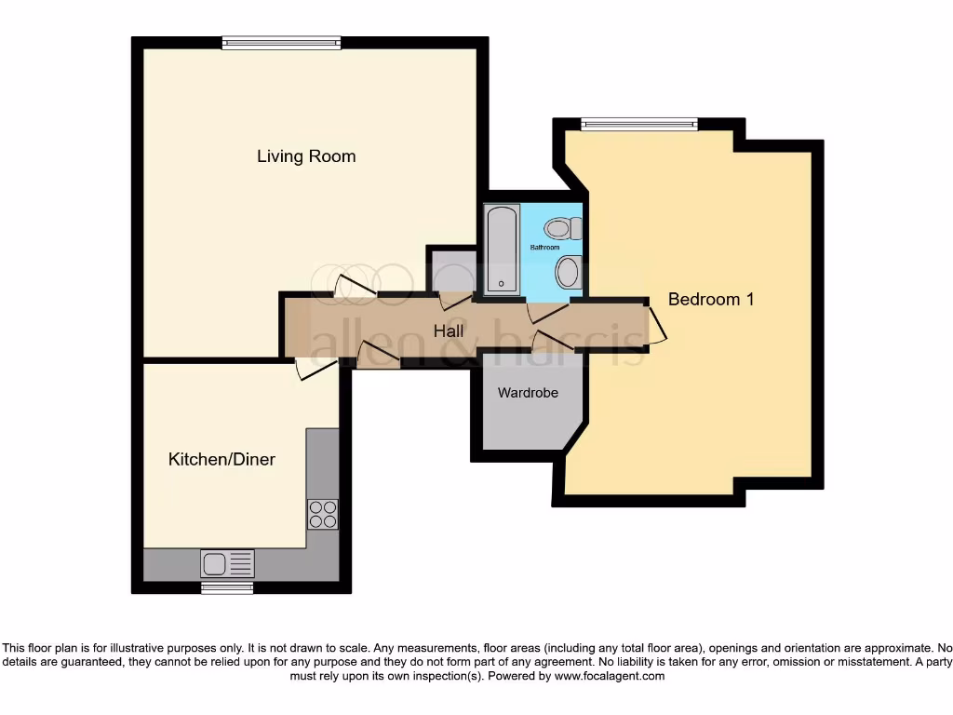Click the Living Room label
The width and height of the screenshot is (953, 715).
point(306,156)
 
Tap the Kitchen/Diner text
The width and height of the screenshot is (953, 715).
point(221,459)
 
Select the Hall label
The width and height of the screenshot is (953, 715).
point(449,331)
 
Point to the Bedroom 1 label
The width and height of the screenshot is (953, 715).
point(711,299)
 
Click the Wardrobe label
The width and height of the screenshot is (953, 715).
point(528,393)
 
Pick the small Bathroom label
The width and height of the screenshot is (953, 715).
point(544,249)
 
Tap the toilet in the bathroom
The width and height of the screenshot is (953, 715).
point(562,227)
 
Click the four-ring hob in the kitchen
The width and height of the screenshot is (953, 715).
point(323,514)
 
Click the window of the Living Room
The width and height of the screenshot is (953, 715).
point(281,42)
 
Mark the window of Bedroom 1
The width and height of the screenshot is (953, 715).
point(639,124)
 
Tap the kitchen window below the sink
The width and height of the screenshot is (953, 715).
point(227,587)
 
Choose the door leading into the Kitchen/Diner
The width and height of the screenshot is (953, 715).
point(315,369)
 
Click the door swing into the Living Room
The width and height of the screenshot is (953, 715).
point(355,287)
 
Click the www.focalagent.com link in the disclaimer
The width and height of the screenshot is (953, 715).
point(610,677)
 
